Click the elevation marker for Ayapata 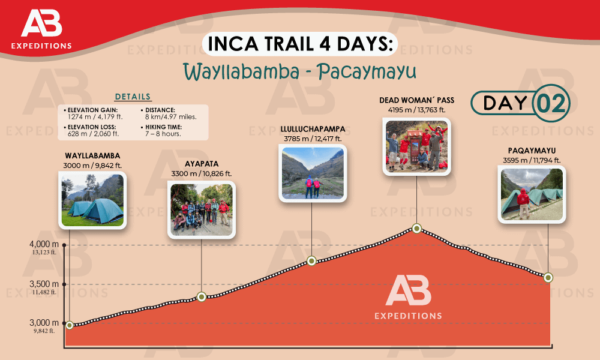(202, 296)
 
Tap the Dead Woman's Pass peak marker (417, 229)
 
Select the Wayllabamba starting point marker (70, 325)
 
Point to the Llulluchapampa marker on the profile (311, 260)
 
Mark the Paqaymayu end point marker (547, 277)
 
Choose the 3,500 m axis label (44, 284)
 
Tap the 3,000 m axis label (44, 323)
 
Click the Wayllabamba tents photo (92, 200)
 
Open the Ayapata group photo (201, 209)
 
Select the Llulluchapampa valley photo (312, 173)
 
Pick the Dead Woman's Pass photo (417, 146)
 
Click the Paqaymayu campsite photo (532, 193)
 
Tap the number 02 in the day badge (550, 103)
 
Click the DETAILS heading (133, 97)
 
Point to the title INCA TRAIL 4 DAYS (300, 46)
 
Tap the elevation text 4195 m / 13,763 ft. (416, 110)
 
